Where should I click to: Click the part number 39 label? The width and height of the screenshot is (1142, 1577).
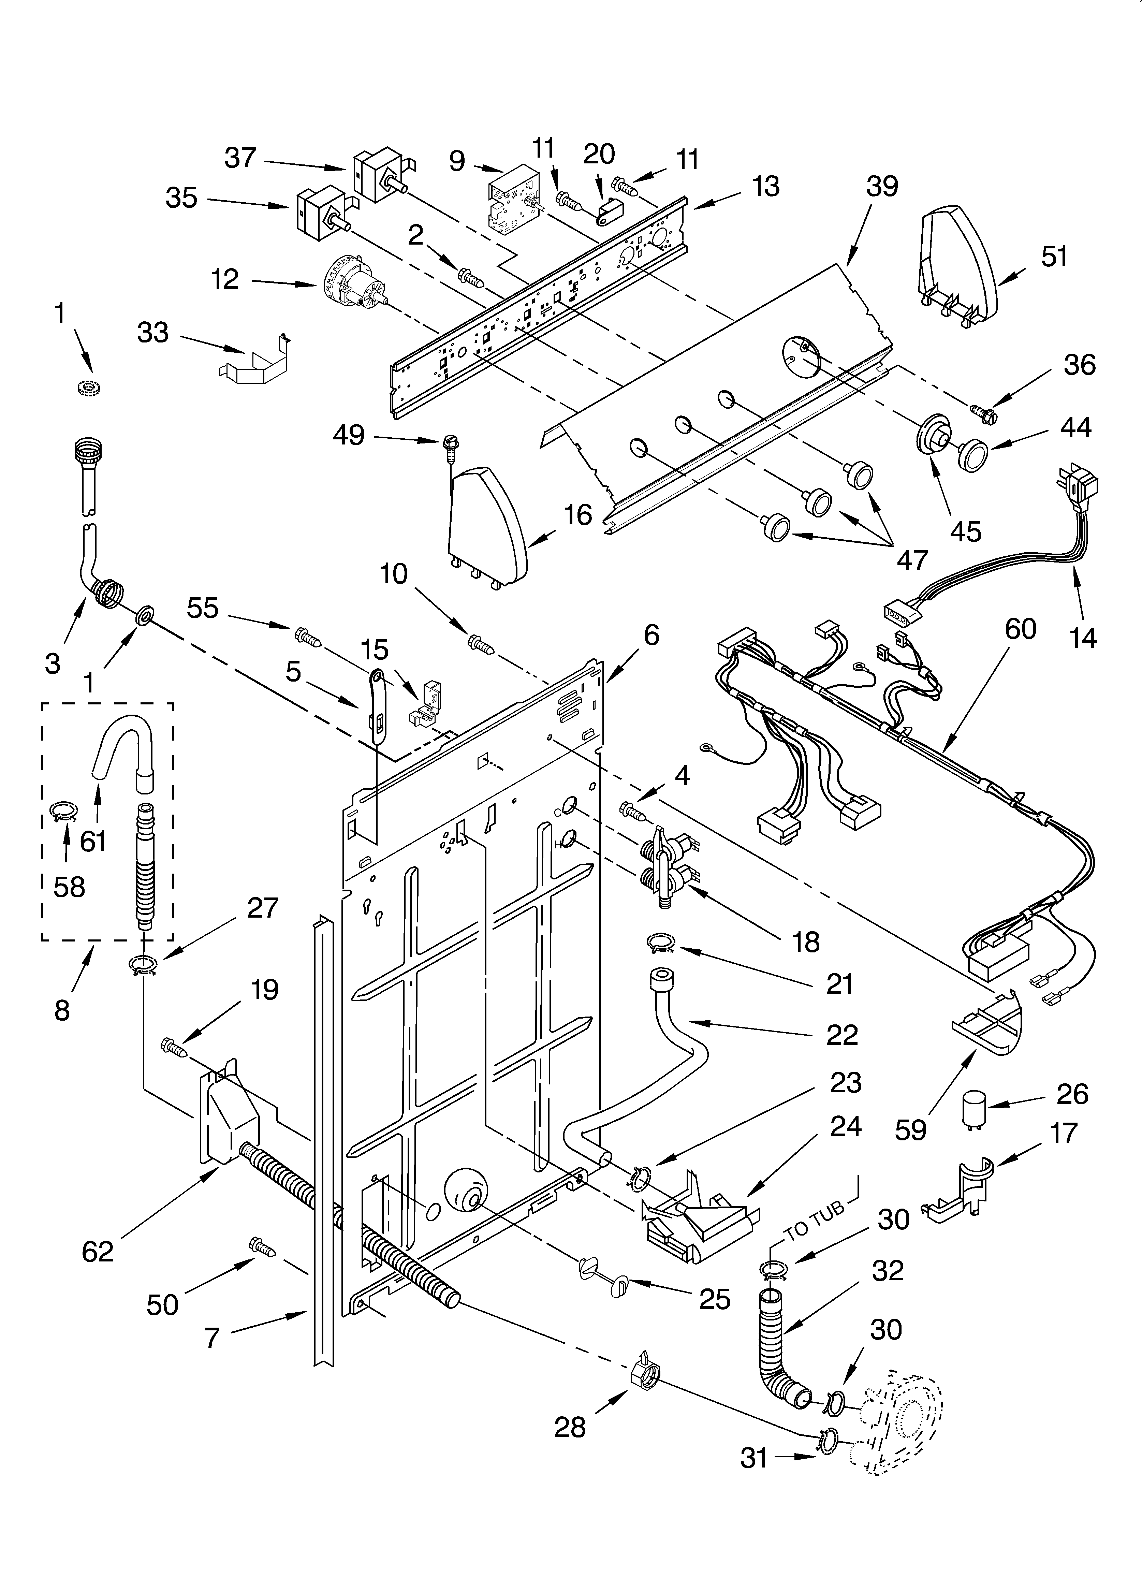[882, 186]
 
